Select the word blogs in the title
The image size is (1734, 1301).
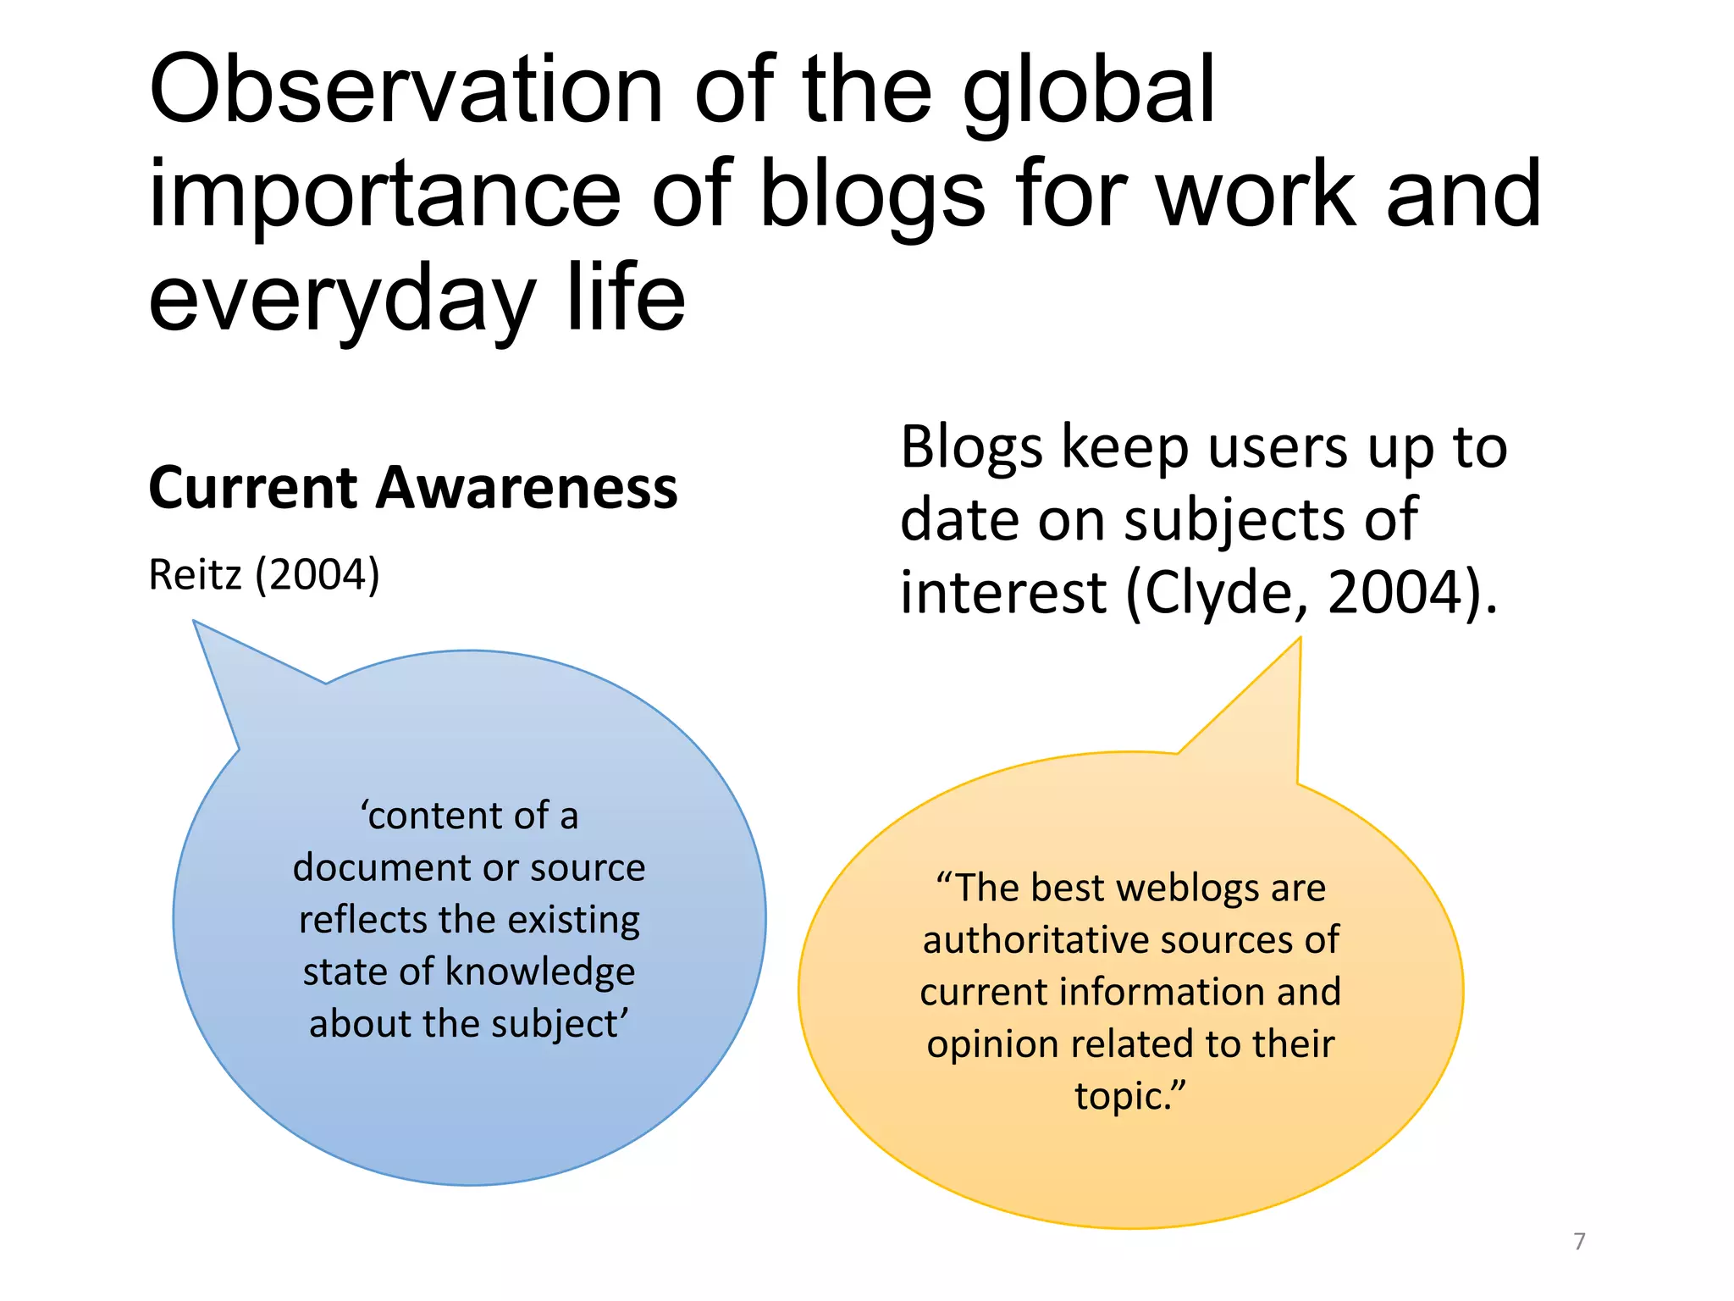[872, 197]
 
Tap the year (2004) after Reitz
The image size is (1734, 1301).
[318, 575]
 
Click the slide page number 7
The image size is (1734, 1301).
[1579, 1241]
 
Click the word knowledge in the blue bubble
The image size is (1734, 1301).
[540, 972]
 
